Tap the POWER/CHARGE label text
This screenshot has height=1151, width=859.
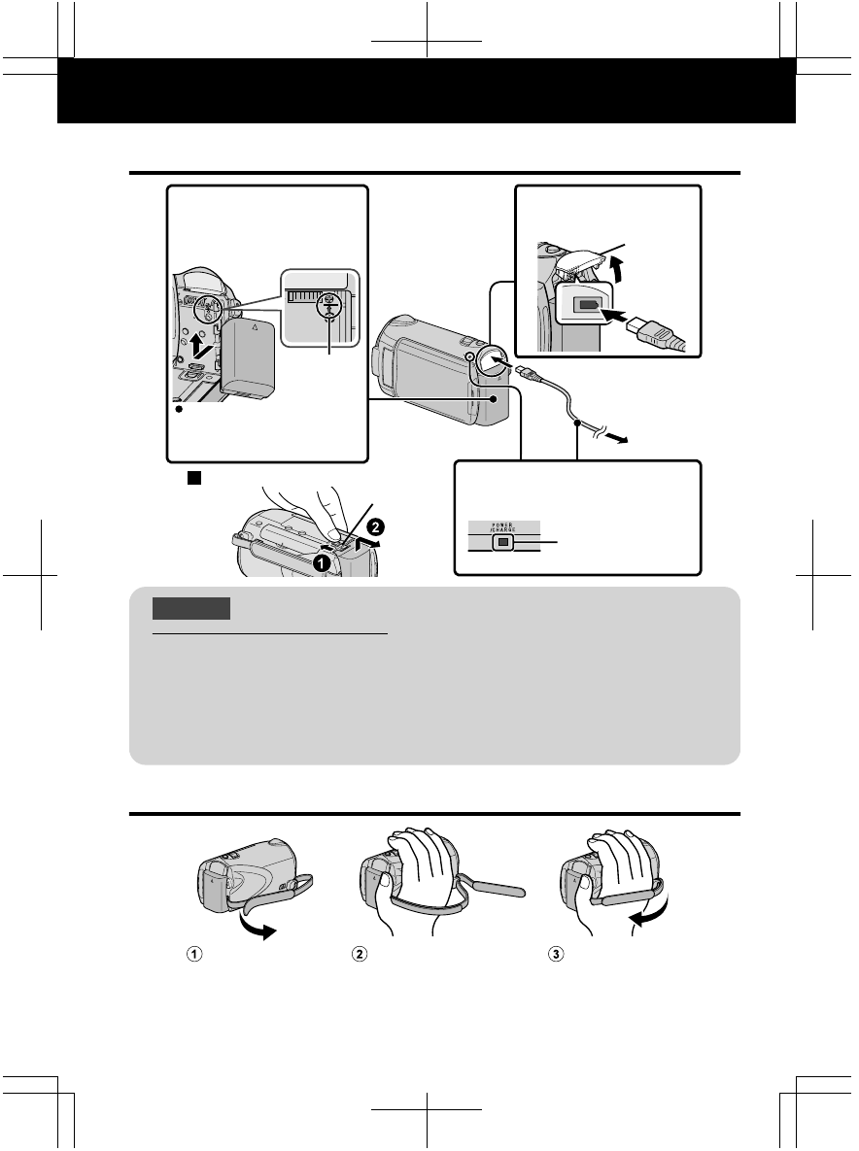coord(500,527)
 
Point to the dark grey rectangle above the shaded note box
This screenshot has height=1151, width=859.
coord(190,609)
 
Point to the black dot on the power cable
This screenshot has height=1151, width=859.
coord(578,424)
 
